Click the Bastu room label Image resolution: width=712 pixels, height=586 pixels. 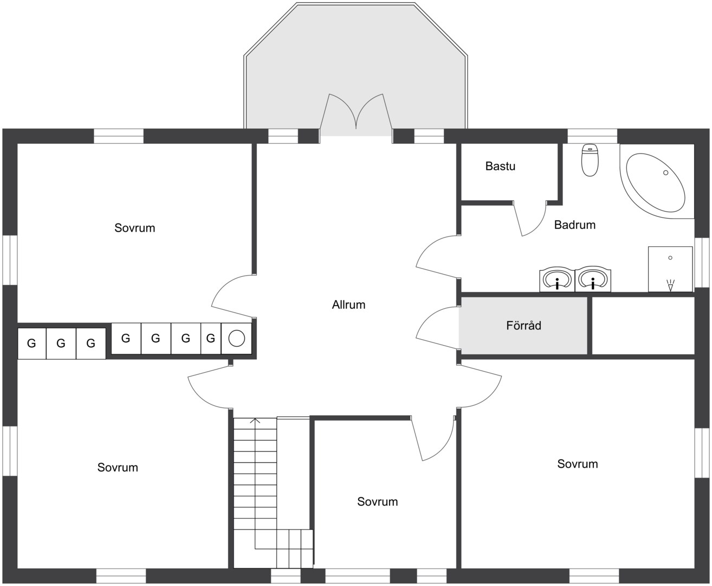click(500, 166)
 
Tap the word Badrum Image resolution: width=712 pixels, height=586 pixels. click(574, 225)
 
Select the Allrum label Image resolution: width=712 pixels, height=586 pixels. click(348, 305)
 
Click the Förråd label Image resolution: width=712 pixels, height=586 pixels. click(523, 326)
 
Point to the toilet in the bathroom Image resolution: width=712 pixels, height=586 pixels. click(590, 160)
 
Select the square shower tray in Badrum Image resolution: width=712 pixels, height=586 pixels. click(670, 269)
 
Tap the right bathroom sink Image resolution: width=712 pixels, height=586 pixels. click(593, 279)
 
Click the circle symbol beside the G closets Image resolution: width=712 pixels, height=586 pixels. click(236, 338)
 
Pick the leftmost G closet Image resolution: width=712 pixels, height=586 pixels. click(32, 343)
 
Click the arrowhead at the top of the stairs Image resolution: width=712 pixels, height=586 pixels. click(255, 421)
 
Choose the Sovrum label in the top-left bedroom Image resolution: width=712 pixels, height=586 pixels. click(135, 228)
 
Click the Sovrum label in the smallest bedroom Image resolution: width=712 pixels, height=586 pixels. click(378, 501)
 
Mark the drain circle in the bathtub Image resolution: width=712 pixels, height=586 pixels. click(666, 173)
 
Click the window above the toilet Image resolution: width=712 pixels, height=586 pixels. click(592, 136)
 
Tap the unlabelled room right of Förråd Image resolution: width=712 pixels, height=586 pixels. click(643, 326)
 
